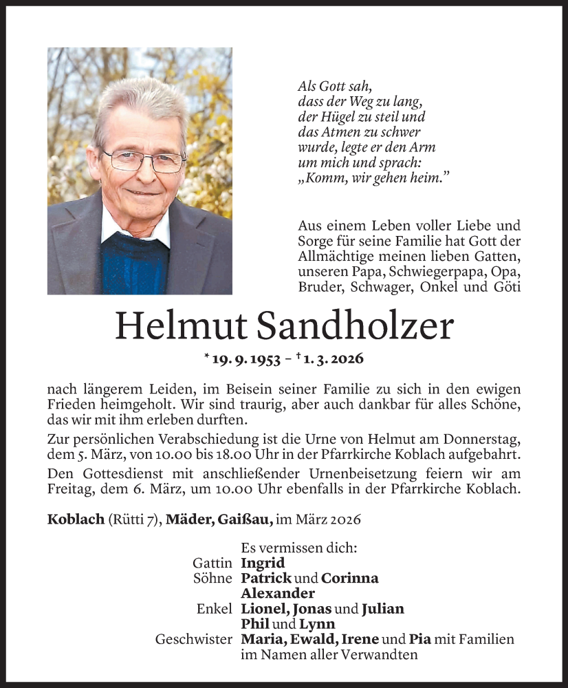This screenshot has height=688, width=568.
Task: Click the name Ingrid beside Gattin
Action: [x=263, y=563]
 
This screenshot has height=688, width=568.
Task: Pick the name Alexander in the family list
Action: [x=278, y=593]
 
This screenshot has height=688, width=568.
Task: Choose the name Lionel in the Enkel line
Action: [x=264, y=609]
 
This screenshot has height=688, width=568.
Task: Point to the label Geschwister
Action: [x=193, y=640]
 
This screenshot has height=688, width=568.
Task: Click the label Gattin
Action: [x=212, y=563]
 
